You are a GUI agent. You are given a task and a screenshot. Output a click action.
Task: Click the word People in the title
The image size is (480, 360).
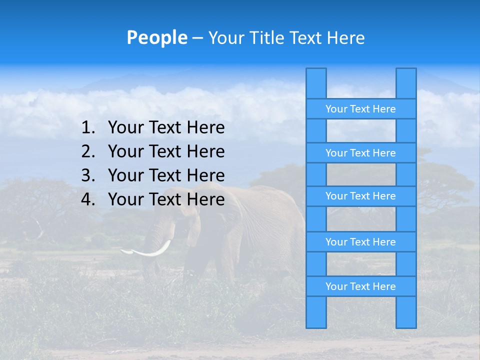(x=157, y=37)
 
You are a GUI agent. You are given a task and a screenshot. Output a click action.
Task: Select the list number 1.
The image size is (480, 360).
(x=87, y=128)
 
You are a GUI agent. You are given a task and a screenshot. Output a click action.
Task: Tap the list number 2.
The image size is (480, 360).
(x=87, y=151)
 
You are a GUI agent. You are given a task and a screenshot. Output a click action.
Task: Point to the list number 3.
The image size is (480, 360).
(x=87, y=175)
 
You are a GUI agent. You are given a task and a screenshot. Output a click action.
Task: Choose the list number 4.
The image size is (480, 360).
(x=87, y=199)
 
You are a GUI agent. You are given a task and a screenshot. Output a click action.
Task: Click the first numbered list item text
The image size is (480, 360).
(x=166, y=128)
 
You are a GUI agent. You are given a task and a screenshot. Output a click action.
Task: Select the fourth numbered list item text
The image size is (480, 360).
(x=166, y=199)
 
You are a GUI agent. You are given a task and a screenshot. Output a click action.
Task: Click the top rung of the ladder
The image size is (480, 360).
(x=360, y=109)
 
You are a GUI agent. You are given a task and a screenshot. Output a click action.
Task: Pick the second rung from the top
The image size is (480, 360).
(x=360, y=153)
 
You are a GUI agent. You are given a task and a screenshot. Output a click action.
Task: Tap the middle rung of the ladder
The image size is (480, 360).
(x=360, y=196)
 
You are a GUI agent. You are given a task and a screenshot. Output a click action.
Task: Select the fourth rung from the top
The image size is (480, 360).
(x=360, y=242)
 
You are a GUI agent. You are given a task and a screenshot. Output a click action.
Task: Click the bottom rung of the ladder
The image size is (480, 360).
(x=360, y=286)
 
